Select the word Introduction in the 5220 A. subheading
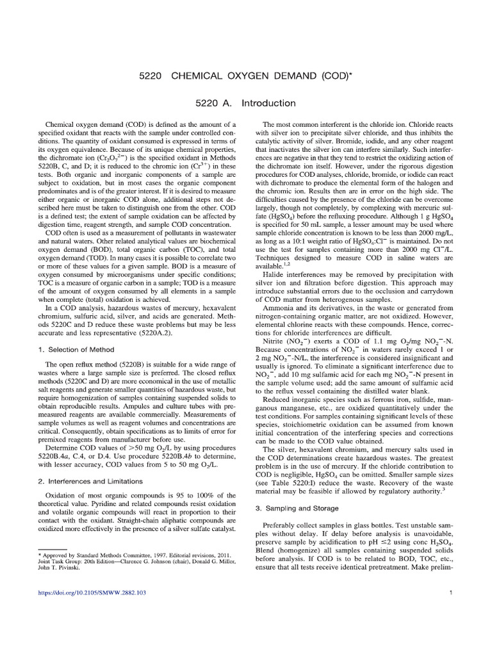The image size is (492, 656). tap(268, 103)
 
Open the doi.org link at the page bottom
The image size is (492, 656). tap(92, 593)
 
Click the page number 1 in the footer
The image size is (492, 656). tap(452, 593)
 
